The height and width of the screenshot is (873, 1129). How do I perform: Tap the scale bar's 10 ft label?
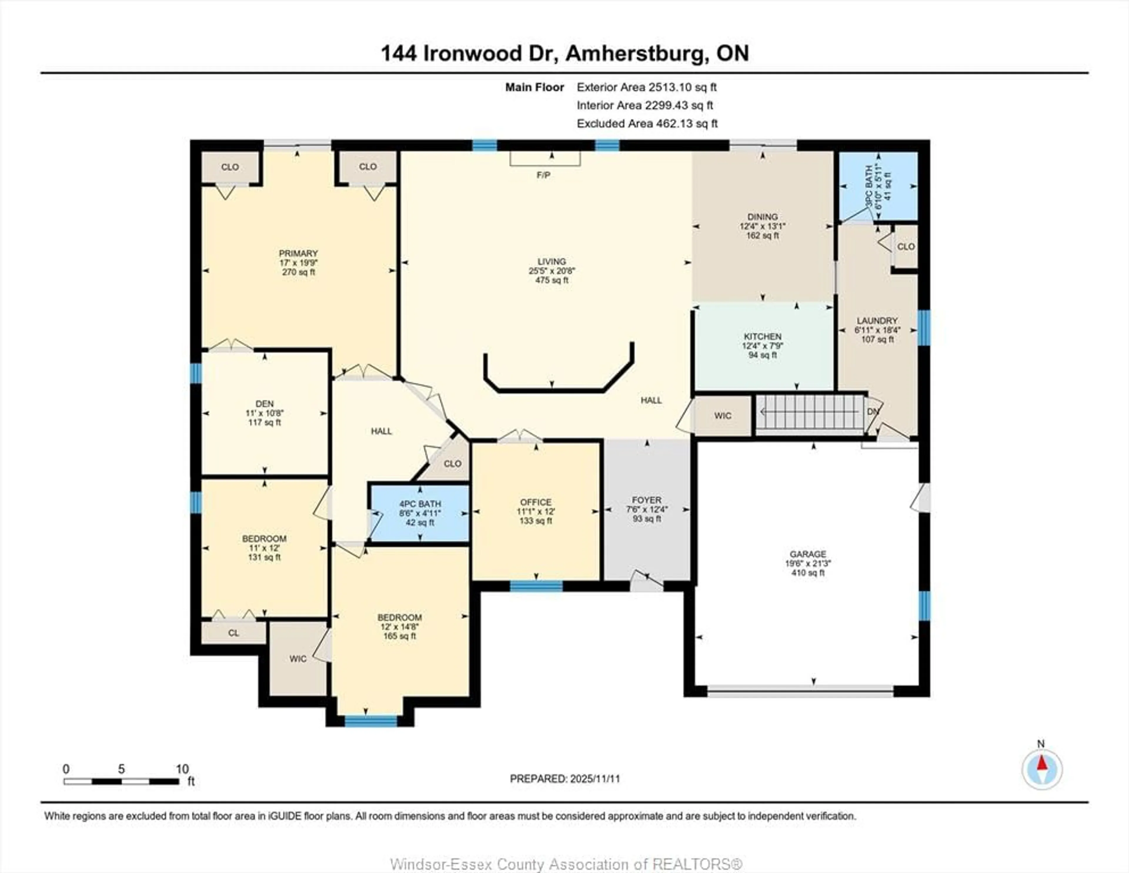(182, 769)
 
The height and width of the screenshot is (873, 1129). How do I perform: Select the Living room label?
(552, 262)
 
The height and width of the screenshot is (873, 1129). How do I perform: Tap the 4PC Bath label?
(420, 504)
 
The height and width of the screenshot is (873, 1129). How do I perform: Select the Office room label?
(536, 502)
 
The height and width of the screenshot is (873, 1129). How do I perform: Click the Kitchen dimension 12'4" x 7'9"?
(762, 346)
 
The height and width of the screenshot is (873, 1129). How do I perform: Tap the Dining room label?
(762, 217)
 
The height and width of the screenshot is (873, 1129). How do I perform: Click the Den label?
(265, 404)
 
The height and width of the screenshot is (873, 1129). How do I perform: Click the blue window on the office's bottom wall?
(536, 586)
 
